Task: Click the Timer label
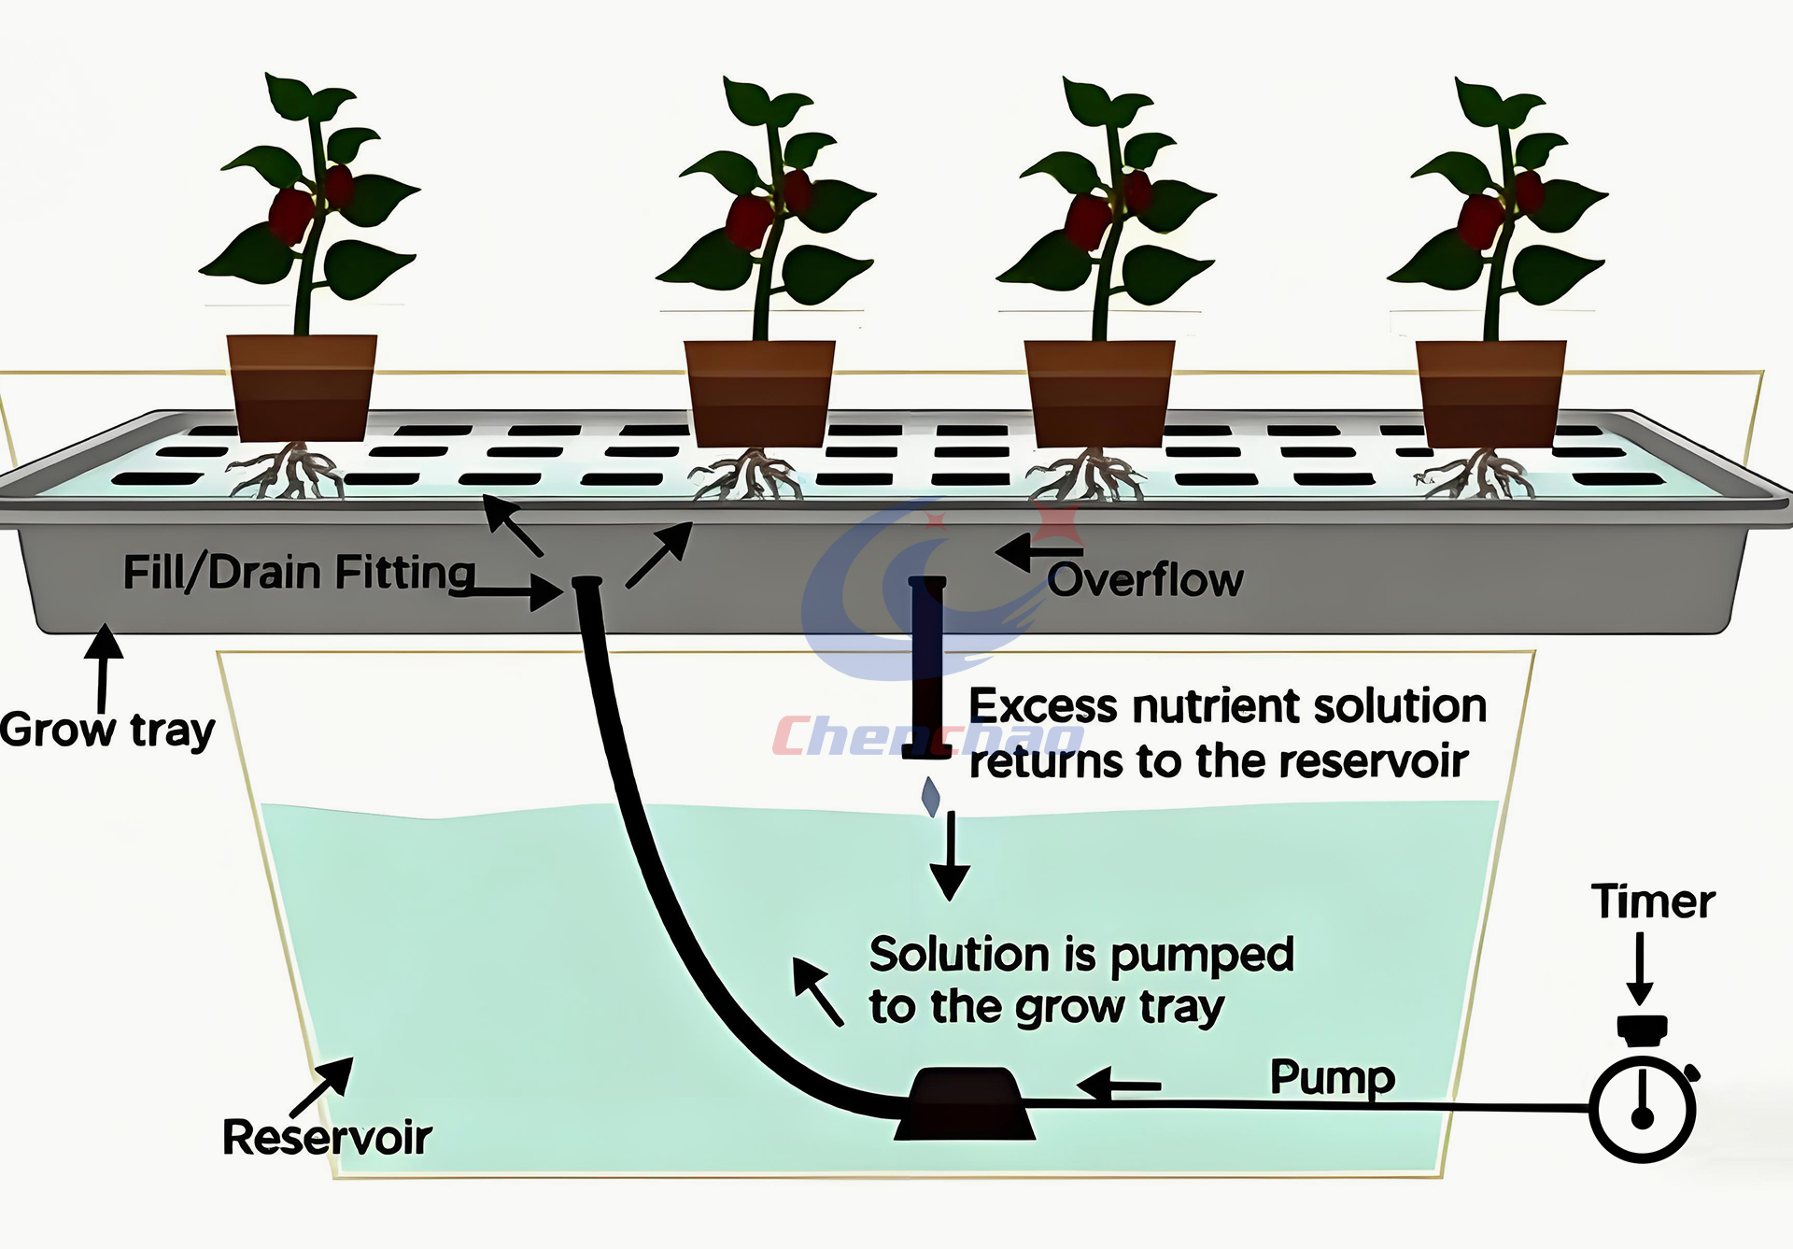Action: point(1652,902)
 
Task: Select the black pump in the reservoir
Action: point(965,1104)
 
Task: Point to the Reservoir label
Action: point(327,1138)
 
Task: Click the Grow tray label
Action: point(106,731)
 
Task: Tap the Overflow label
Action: point(1146,580)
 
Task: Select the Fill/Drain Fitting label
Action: point(299,573)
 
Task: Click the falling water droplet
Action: point(931,797)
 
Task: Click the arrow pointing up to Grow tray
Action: point(104,667)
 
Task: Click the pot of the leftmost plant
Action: point(301,387)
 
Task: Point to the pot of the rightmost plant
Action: point(1490,393)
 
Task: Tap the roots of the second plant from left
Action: point(747,474)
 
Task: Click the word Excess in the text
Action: point(1041,706)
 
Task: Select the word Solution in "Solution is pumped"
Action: point(959,955)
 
